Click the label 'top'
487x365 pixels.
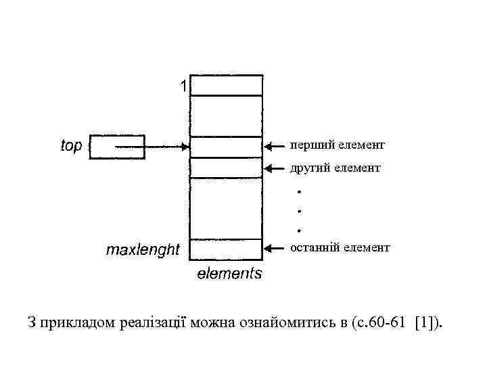pos(71,146)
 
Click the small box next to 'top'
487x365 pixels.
pos(118,147)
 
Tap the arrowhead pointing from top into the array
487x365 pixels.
pos(185,146)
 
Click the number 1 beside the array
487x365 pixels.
pos(183,87)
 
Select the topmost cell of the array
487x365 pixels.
pos(226,85)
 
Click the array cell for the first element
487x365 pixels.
pos(226,147)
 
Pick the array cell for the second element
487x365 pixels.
pos(226,168)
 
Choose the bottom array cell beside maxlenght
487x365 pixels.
pos(226,249)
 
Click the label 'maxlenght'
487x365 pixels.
pos(143,251)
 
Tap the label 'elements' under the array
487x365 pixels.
pos(229,274)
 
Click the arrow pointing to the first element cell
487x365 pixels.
pos(275,146)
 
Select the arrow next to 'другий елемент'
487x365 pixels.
pos(275,168)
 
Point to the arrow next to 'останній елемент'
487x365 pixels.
pos(275,249)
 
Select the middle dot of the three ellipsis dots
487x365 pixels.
pos(298,212)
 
